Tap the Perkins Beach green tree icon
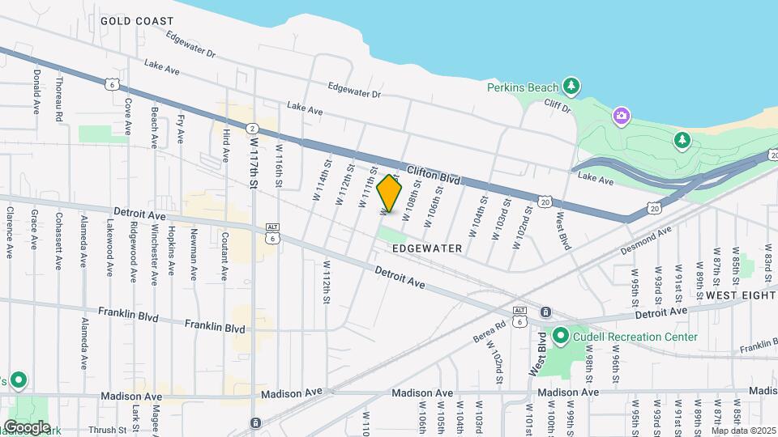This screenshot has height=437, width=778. tap(572, 85)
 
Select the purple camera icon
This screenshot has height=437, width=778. tap(621, 117)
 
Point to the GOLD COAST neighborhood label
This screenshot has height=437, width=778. tap(137, 21)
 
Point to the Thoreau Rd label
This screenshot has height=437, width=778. tap(59, 100)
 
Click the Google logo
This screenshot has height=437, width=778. tap(26, 426)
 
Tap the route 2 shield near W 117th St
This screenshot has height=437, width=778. tap(252, 129)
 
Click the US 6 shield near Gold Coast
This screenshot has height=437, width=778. tap(112, 83)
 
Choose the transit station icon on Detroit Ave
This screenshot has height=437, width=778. tap(545, 312)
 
